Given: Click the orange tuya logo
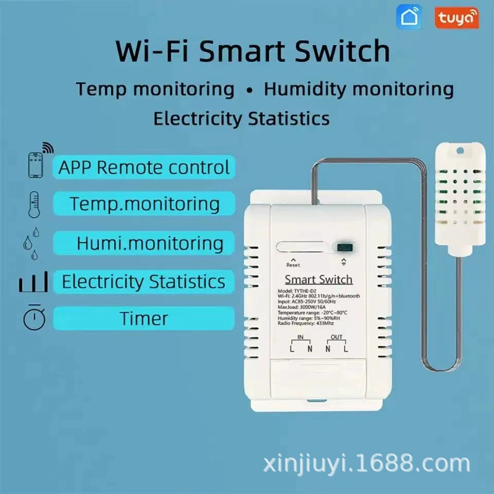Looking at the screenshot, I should (x=456, y=18).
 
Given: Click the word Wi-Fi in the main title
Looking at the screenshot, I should (x=153, y=51).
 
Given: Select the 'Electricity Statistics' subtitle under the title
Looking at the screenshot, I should (x=241, y=118).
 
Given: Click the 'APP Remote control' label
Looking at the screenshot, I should (x=144, y=168).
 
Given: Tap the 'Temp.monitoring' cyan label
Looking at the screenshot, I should (x=145, y=204).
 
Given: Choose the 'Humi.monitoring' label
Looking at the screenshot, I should (x=150, y=243).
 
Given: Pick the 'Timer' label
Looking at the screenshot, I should (x=144, y=319).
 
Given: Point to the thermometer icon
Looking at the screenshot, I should (x=34, y=204).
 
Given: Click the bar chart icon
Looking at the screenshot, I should (x=34, y=282).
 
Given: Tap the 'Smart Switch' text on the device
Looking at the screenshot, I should (x=319, y=280).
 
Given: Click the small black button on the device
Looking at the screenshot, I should (x=343, y=247).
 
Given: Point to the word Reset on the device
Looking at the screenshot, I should (x=293, y=265).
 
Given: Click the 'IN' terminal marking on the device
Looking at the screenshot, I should (x=301, y=338).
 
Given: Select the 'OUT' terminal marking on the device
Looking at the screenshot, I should (x=336, y=338).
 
